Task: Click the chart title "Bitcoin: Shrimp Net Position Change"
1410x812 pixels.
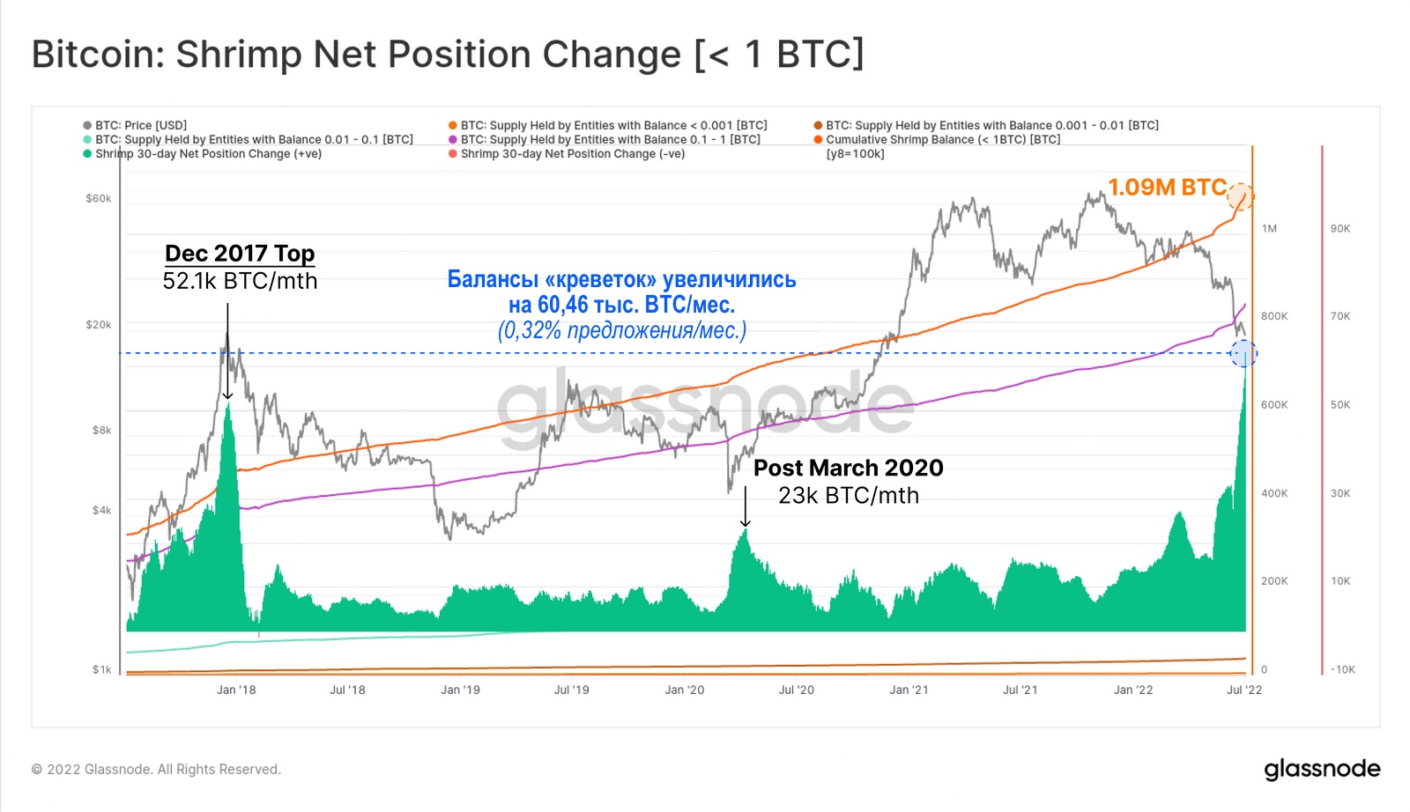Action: pos(448,55)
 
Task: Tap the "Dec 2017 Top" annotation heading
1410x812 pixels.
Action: pos(240,254)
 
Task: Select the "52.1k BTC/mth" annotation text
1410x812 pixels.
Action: pos(240,281)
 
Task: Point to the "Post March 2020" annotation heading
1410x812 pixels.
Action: pos(848,468)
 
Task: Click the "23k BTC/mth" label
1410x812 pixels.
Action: pos(848,496)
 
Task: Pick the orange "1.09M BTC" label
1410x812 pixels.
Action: pos(1167,188)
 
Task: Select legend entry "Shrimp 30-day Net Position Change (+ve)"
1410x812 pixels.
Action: pos(208,153)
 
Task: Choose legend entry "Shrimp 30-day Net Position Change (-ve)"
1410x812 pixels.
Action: pos(572,153)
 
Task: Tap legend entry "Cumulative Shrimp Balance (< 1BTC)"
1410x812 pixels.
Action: pos(942,139)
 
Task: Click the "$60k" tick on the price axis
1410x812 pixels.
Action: pos(99,198)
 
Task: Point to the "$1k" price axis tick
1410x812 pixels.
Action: pos(102,669)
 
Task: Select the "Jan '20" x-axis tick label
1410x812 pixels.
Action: pos(685,690)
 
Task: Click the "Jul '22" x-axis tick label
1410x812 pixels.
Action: pos(1244,690)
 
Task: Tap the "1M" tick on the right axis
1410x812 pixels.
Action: pos(1269,228)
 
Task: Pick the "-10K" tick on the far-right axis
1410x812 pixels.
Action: pos(1342,669)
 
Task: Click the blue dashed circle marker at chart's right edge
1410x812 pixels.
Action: pos(1243,353)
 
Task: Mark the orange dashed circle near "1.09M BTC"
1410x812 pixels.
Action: pos(1241,196)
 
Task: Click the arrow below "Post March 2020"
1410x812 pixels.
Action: pos(746,506)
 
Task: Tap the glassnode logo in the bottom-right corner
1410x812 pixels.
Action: pos(1322,769)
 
